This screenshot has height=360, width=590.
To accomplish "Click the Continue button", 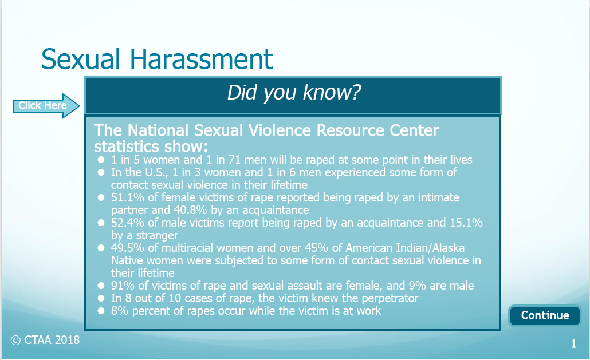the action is (545, 315).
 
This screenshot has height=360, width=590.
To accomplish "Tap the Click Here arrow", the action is (46, 105).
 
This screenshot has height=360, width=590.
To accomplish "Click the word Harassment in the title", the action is (201, 59).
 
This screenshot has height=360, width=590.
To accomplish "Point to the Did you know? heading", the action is (294, 92).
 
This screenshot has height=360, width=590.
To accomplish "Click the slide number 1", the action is (573, 343).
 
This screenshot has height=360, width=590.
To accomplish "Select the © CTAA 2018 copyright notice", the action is (45, 340).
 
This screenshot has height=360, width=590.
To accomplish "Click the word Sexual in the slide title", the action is (81, 59).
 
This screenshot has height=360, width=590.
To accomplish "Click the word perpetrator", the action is (390, 298).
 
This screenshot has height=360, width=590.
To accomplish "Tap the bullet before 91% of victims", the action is (101, 286).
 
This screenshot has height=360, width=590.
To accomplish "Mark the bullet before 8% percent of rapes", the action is (101, 311).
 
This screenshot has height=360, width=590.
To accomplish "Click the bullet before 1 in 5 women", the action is (101, 160).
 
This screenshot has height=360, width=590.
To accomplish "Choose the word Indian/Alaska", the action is (430, 248).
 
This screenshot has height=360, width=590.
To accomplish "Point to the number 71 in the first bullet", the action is (234, 160).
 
